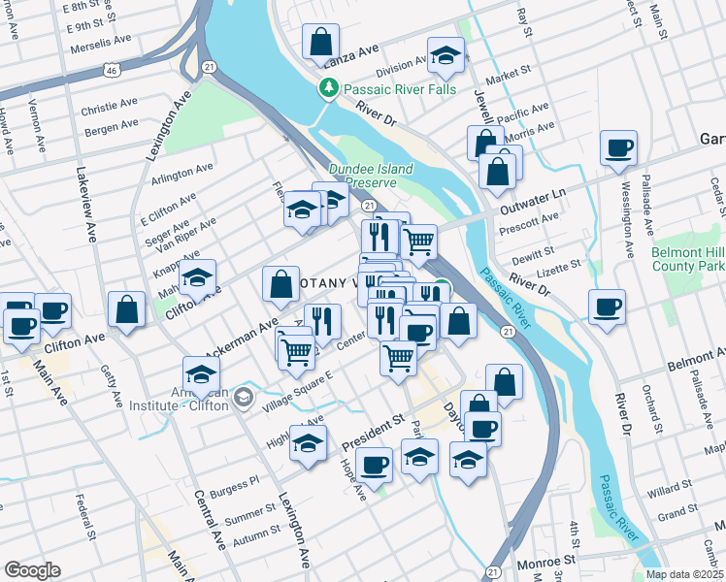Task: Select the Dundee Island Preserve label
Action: click(371, 176)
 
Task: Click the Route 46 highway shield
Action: click(114, 70)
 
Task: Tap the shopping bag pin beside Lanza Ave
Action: click(320, 43)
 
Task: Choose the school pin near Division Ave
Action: click(445, 56)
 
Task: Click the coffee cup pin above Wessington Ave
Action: click(618, 148)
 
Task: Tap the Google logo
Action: click(32, 569)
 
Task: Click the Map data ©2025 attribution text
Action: click(685, 574)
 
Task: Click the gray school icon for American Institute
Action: click(243, 396)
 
